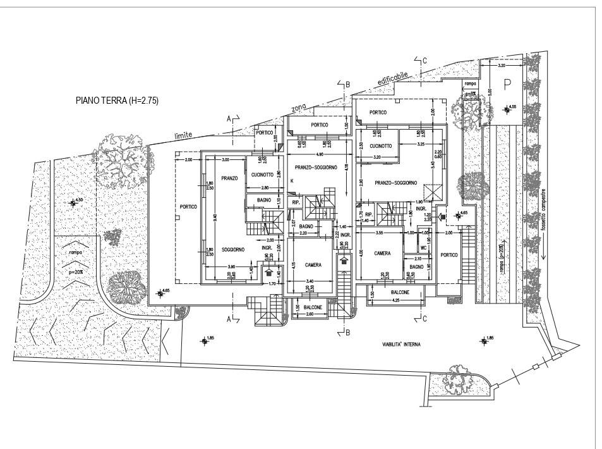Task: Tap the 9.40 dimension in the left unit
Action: coord(215,219)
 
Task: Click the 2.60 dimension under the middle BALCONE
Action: coord(309,314)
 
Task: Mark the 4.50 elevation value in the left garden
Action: coord(79,200)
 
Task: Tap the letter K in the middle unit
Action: coord(292,181)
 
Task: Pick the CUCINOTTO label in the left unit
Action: coord(262,175)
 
